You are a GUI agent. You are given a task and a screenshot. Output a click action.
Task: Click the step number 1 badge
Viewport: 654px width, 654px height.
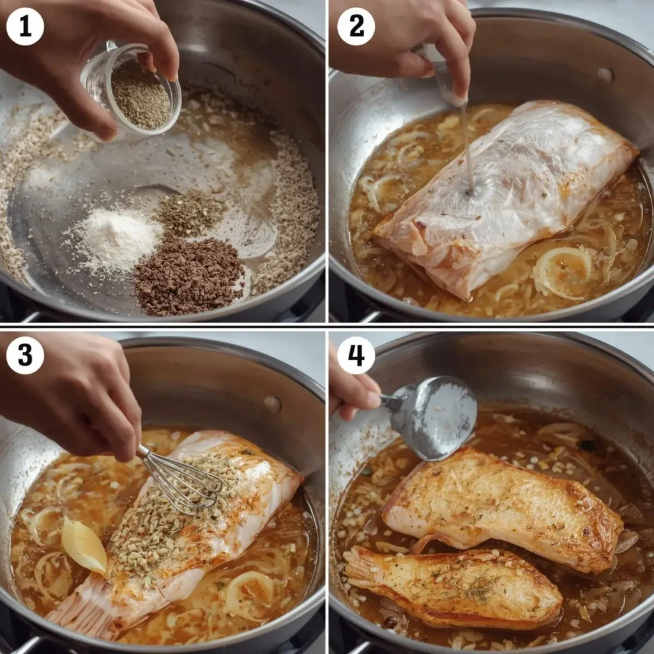[x=25, y=26]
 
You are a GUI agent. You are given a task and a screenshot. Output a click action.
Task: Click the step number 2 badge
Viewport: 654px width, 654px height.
[x=356, y=26]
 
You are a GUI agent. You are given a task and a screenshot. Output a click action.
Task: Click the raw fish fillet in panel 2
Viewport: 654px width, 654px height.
[x=505, y=192]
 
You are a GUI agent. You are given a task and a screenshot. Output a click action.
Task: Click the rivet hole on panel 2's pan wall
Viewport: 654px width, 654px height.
[x=605, y=75]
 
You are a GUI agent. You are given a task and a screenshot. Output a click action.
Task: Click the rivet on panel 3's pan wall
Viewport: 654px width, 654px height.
[x=273, y=404]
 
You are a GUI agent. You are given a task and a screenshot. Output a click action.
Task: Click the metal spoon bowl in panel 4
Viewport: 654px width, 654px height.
[x=441, y=418]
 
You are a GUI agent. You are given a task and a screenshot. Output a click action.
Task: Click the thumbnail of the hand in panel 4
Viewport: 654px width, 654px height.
[x=373, y=399]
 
